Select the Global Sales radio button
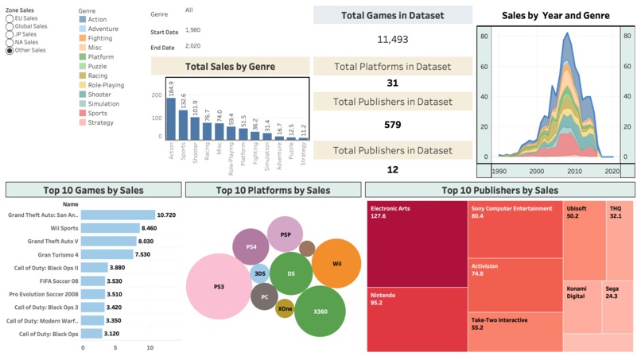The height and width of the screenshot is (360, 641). (10, 26)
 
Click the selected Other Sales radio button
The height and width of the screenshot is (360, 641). (10, 50)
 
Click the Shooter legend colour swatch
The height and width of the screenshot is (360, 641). (83, 95)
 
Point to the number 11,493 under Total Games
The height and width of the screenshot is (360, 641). (392, 39)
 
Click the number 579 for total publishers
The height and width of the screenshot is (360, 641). (392, 125)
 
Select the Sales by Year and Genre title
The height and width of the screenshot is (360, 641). (556, 15)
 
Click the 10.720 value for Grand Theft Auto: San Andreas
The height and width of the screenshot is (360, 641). (166, 215)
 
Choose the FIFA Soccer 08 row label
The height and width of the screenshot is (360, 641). (53, 281)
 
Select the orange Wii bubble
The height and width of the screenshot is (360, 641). (336, 263)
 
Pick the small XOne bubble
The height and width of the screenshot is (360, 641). (285, 308)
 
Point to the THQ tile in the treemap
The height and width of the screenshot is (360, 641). (620, 238)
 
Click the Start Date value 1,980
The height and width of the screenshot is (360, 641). (192, 29)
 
